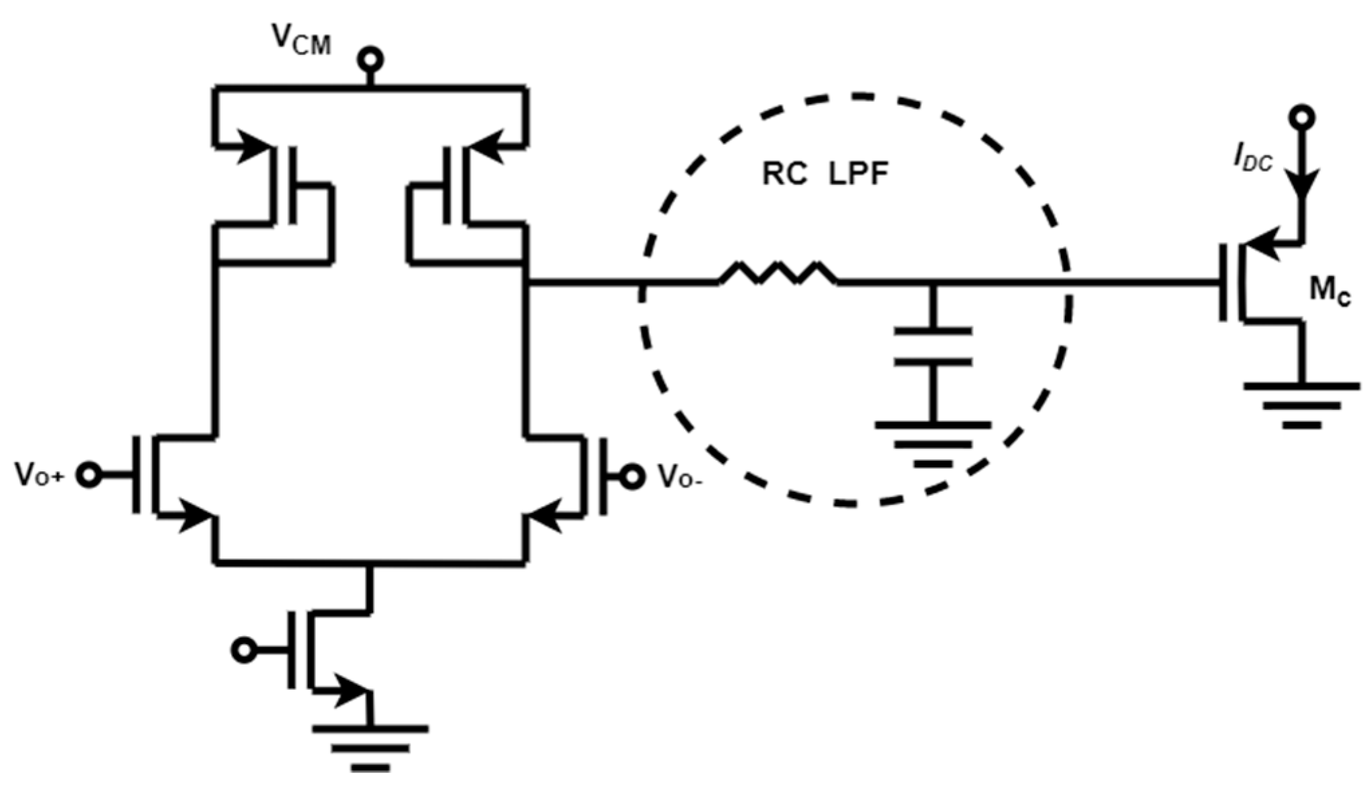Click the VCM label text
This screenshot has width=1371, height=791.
coord(301,41)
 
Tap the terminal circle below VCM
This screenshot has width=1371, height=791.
coord(370,60)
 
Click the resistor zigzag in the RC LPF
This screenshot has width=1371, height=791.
coord(778,273)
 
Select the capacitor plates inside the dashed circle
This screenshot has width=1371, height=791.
coord(932,346)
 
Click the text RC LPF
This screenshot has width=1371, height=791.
coord(824,175)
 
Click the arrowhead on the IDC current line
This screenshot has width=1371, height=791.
coord(1302,182)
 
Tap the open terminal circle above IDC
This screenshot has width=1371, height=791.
coord(1302,118)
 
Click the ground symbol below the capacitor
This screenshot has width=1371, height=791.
coord(932,443)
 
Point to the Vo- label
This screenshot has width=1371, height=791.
coord(680,477)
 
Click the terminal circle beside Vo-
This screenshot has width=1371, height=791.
coord(631,476)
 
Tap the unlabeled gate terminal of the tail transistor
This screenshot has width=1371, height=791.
coord(244,650)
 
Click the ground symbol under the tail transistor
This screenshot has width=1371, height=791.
coord(370,747)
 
